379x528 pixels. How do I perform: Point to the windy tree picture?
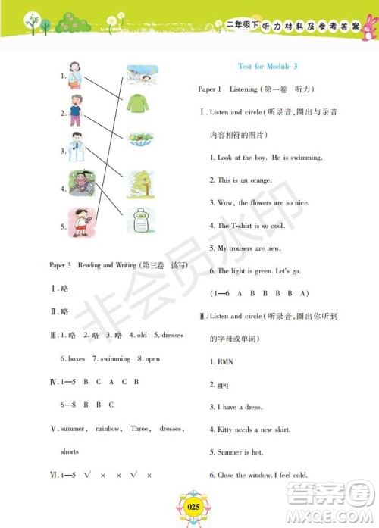click(141, 182)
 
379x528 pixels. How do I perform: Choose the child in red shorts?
click(78, 222)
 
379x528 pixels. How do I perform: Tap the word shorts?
click(69, 451)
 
